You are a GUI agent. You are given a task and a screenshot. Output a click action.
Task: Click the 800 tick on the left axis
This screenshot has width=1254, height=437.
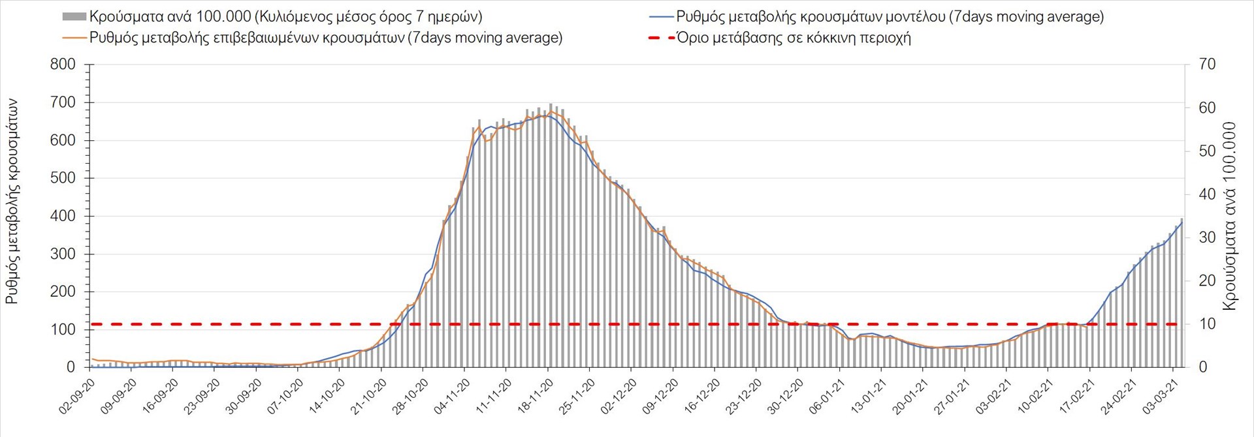[63, 65]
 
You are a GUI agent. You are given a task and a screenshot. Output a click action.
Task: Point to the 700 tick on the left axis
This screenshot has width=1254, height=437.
[63, 102]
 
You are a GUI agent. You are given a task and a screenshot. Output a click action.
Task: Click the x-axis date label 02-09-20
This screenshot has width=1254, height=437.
[78, 396]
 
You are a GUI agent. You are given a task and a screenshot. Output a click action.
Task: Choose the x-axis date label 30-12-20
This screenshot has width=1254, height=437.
[786, 396]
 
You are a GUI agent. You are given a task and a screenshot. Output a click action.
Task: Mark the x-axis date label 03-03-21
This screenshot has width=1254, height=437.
[1161, 396]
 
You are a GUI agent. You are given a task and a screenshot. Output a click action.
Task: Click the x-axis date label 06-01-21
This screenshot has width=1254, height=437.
[828, 396]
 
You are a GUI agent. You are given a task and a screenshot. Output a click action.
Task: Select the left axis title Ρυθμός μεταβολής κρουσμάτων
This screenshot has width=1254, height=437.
[12, 202]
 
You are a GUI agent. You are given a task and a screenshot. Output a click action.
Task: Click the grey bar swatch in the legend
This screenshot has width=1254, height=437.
[74, 17]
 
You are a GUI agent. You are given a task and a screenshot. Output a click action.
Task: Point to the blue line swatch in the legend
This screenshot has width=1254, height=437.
[661, 17]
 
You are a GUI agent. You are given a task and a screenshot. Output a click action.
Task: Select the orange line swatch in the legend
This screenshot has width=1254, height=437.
[74, 38]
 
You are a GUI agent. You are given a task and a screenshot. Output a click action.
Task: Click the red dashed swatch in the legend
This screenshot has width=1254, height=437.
[661, 38]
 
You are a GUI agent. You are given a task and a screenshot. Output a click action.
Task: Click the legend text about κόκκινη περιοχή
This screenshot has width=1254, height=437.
[794, 38]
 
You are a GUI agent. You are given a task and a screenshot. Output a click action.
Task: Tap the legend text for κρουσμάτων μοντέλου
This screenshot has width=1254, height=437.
[890, 17]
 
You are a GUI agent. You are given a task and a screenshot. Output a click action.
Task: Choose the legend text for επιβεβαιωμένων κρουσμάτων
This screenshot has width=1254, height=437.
[325, 38]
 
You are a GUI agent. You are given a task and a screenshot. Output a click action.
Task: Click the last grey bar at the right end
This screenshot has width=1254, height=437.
[1182, 294]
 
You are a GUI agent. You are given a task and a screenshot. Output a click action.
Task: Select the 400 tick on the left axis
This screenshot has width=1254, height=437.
[63, 216]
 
